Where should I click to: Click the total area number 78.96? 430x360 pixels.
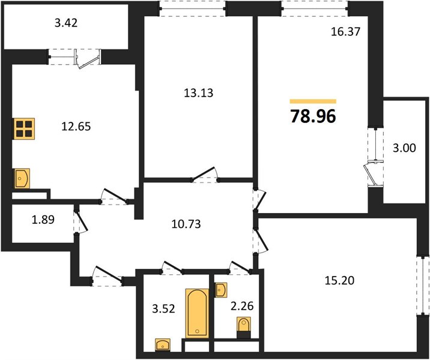313,115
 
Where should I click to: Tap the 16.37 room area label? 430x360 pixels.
345,34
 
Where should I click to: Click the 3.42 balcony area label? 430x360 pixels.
67,25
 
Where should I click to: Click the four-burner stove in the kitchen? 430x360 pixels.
25,129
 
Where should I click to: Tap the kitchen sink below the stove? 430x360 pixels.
22,178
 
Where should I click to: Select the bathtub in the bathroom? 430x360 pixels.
198,313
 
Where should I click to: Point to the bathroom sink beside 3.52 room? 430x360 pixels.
162,345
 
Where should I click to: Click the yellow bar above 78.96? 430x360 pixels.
313,101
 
